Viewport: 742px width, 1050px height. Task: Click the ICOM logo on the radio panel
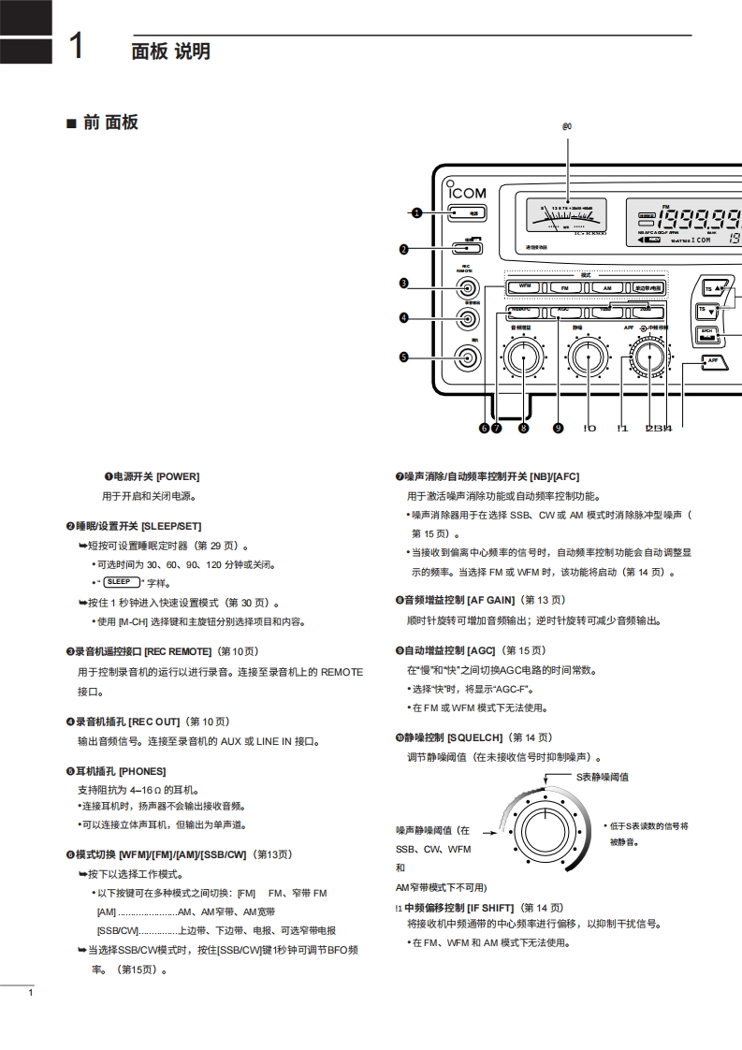tap(468, 192)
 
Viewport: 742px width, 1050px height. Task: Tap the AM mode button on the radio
tap(607, 287)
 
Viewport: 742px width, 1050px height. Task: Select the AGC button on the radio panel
tap(563, 309)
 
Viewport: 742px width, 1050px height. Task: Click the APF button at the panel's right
tap(712, 360)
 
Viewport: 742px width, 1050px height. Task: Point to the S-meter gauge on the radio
tap(566, 217)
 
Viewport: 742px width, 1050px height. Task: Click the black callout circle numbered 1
tap(415, 212)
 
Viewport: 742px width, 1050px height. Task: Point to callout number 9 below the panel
tap(559, 428)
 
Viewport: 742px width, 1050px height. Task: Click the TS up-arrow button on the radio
tap(715, 287)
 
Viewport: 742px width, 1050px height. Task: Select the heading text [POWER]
tap(177, 476)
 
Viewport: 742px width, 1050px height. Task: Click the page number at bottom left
tap(31, 993)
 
